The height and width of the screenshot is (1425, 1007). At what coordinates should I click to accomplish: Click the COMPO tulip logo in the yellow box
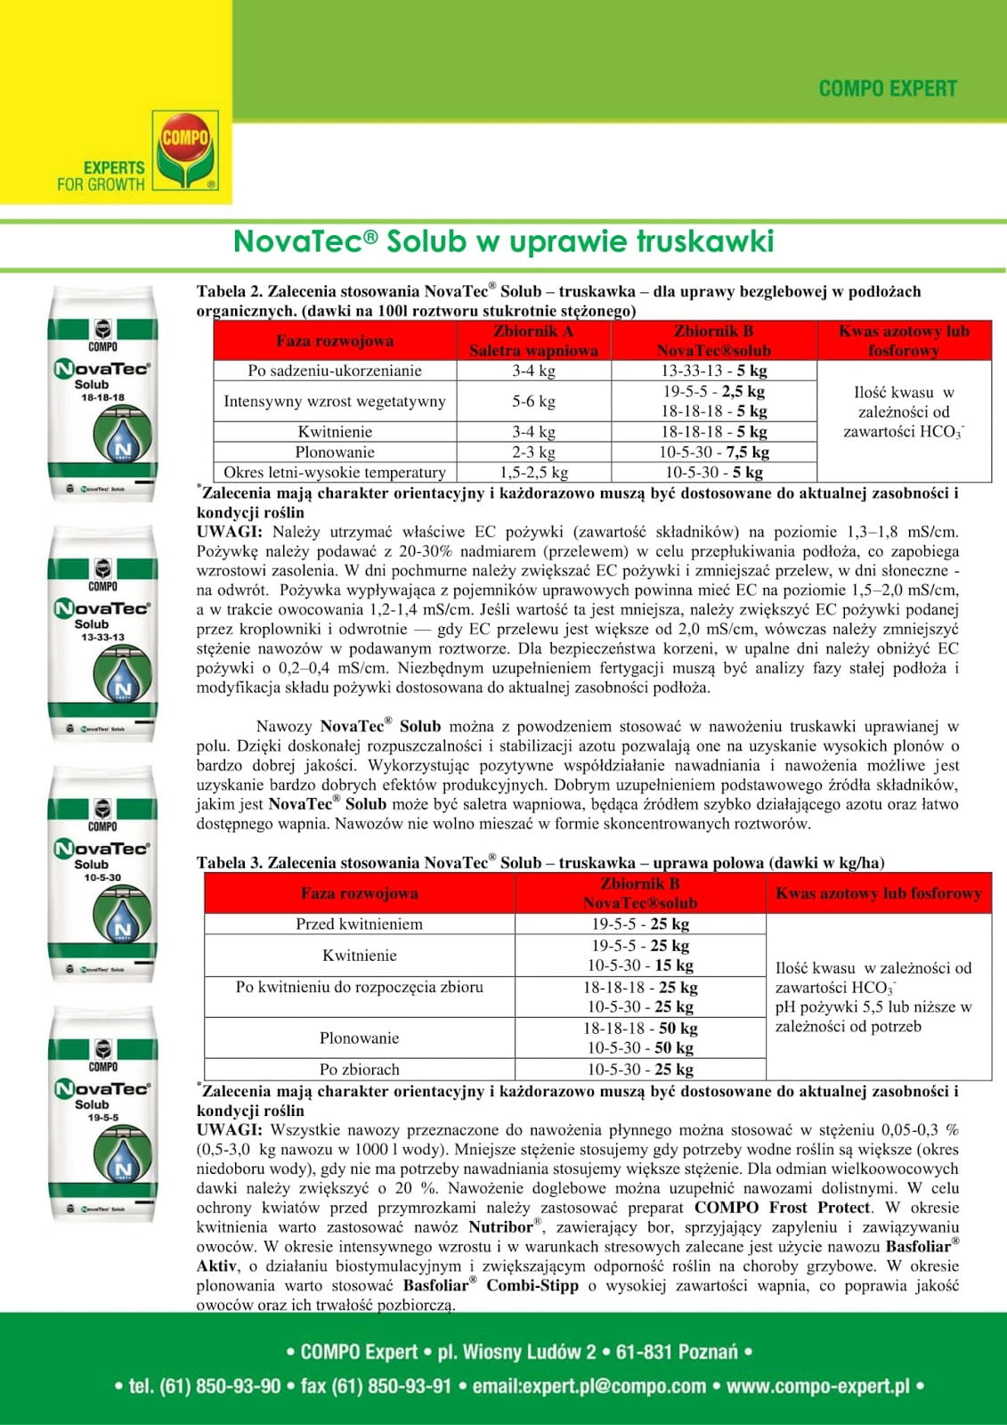pos(185,149)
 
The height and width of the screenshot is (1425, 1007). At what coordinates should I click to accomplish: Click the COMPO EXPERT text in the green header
pos(887,89)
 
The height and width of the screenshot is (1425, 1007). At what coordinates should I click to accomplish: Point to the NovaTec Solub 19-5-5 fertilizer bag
pos(102,1114)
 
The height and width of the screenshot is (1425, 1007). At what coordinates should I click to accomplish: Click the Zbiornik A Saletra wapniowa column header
pos(533,341)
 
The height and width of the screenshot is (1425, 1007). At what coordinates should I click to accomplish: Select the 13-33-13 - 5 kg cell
pos(713,371)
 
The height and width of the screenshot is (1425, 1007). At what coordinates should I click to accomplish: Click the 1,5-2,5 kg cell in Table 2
pos(533,473)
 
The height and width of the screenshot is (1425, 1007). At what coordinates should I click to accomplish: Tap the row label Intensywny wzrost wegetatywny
pos(334,402)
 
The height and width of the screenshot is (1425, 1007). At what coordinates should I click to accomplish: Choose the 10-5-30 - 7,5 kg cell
pos(713,452)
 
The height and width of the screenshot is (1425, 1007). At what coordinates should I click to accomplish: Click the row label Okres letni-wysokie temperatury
pos(334,473)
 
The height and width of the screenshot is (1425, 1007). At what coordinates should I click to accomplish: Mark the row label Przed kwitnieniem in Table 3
pos(359,924)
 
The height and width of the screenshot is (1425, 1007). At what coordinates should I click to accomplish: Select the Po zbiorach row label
pos(359,1070)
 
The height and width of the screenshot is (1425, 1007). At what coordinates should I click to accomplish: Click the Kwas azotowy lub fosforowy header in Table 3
pos(878,893)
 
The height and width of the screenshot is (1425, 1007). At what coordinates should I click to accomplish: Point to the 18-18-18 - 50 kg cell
pos(640,1029)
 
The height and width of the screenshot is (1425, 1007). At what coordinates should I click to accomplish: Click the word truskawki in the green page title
pos(705,242)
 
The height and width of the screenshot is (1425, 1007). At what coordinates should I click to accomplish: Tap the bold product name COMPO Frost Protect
pos(782,1208)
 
